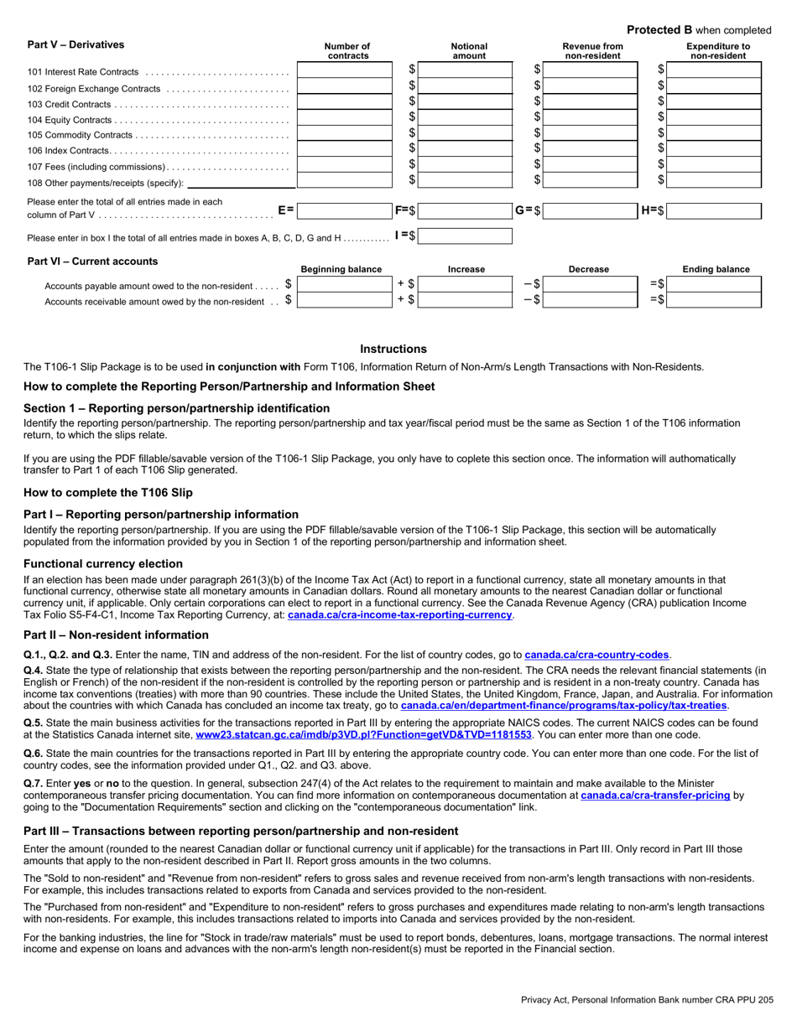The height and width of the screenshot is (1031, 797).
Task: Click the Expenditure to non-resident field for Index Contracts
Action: tap(716, 149)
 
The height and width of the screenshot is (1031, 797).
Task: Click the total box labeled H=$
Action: tap(716, 211)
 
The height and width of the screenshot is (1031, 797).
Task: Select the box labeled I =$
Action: tap(465, 236)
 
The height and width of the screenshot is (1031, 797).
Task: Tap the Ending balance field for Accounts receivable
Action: tap(716, 300)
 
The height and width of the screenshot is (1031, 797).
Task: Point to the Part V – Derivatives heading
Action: tap(76, 44)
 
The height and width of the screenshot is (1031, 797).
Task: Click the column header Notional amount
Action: tap(469, 51)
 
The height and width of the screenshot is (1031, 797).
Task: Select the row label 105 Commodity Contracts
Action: tap(81, 135)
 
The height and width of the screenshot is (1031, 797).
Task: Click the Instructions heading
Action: tap(393, 349)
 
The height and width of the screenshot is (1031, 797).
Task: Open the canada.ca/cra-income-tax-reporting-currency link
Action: tap(399, 614)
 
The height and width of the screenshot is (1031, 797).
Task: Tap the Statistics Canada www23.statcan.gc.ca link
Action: tap(363, 734)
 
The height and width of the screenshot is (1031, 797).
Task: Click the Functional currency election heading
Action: tap(103, 563)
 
